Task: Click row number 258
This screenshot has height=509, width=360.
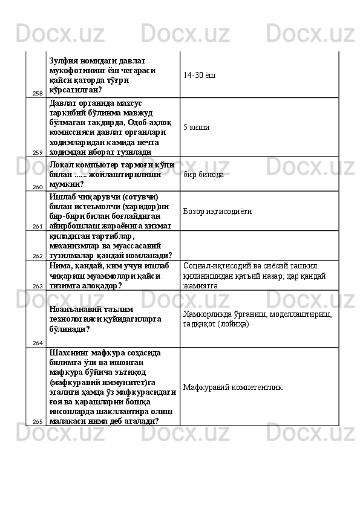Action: coord(37,94)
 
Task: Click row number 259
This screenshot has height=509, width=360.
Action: coord(37,152)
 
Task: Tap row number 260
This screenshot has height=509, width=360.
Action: coord(37,187)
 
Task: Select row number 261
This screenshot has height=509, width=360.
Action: coord(37,226)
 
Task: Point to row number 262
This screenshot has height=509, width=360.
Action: coord(37,256)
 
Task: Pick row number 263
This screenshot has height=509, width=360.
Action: coord(37,286)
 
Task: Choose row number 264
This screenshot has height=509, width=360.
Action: coord(37,343)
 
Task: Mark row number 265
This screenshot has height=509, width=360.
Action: coord(37,421)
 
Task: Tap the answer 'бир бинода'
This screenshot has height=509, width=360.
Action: coord(203,175)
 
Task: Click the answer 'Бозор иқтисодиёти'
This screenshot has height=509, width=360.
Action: coord(217,212)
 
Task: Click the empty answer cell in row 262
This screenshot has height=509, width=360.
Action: coord(259,247)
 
